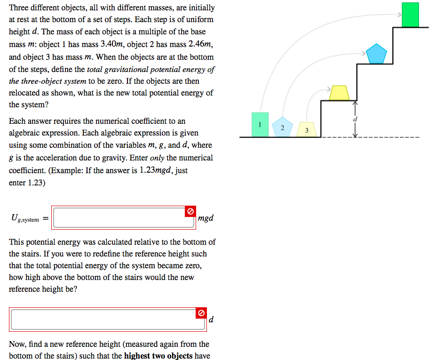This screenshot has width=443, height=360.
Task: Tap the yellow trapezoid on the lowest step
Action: tap(339, 93)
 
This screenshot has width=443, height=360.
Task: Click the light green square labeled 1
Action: tap(260, 124)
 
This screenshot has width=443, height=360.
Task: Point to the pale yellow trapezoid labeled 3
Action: tap(306, 128)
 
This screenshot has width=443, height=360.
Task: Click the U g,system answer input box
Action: tap(123, 217)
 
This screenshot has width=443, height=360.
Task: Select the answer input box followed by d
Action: tap(108, 319)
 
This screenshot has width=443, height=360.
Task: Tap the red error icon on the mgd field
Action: tap(190, 212)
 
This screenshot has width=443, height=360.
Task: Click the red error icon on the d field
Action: tap(201, 313)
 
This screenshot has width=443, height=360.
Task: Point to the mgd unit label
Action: tap(206, 218)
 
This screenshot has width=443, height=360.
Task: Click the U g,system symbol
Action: tap(25, 218)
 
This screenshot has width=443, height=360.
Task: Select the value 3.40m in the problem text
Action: tap(111, 45)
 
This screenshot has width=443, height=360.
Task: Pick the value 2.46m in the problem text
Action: tap(200, 45)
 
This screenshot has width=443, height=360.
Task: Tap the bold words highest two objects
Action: tap(158, 356)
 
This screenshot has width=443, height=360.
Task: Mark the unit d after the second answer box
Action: tap(211, 320)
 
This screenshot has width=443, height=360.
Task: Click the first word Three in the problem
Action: tap(19, 8)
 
